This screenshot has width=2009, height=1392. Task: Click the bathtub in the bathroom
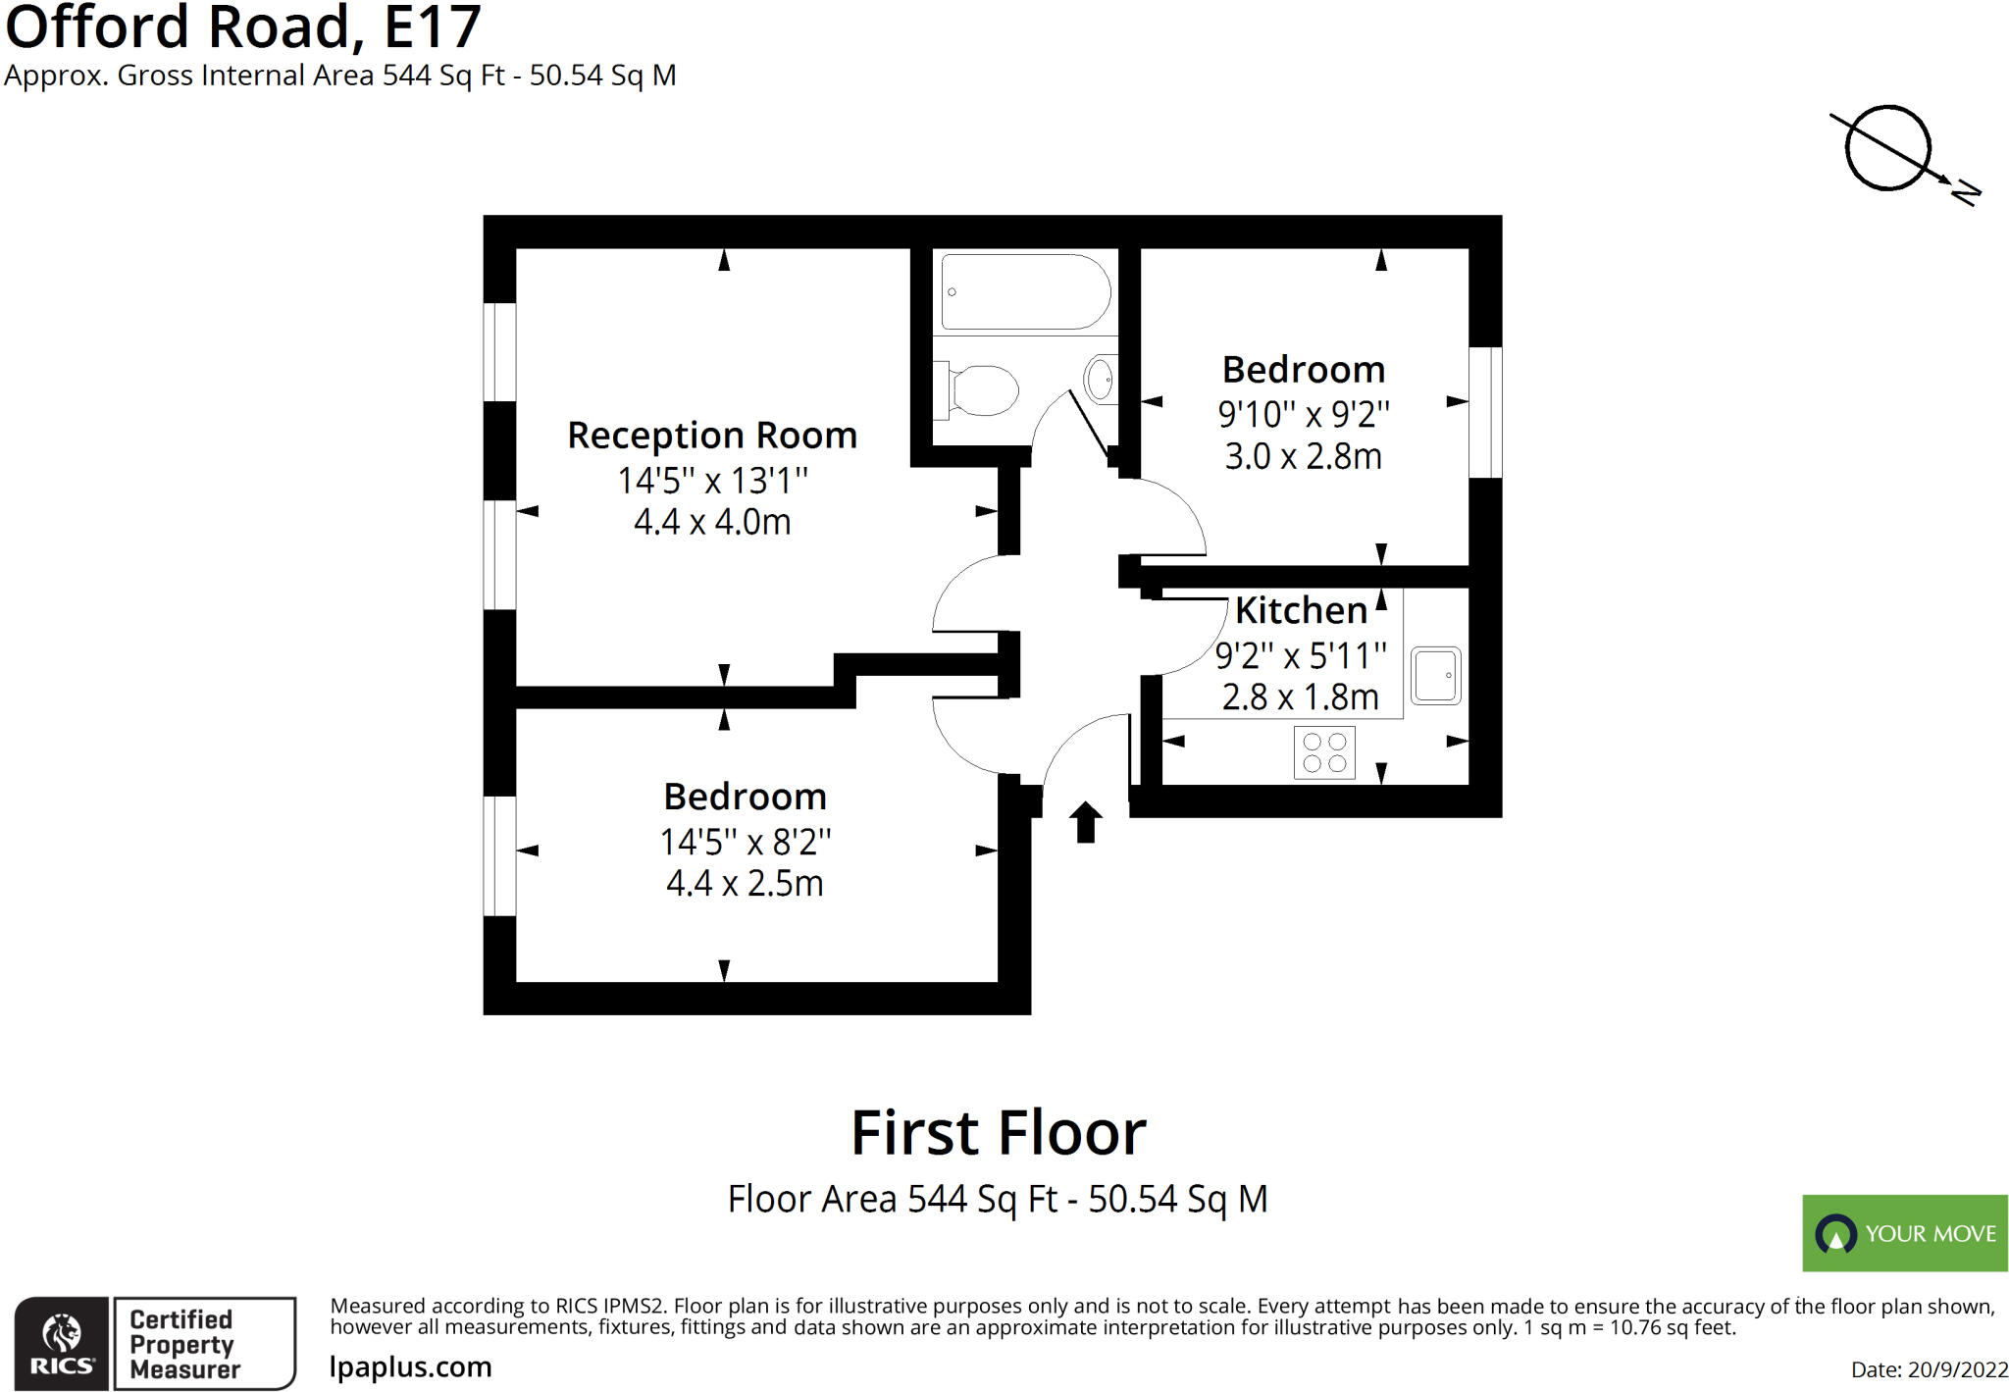point(1025,291)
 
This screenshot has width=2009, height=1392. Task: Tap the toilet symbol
point(978,389)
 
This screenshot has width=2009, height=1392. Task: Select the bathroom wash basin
point(1101,378)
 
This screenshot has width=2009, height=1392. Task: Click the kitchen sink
point(1435,675)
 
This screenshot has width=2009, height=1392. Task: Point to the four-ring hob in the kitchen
point(1324,752)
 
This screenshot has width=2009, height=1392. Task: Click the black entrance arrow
point(1085,822)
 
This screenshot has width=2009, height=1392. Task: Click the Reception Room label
point(712,435)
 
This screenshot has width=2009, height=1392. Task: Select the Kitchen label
point(1301,610)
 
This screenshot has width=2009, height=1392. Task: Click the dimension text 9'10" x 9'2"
point(1304,414)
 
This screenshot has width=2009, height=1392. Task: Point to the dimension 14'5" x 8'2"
point(745,842)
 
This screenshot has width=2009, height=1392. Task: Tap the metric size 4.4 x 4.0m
point(712,522)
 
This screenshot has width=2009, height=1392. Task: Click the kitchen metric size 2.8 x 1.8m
point(1301,696)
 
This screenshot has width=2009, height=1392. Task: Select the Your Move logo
point(1904,1233)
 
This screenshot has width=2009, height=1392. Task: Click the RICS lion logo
point(62,1343)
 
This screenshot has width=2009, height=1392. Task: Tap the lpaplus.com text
point(410,1366)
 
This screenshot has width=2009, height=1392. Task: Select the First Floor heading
point(998,1133)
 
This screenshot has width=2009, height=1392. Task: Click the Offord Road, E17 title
point(243,26)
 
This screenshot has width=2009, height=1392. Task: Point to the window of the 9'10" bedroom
point(1485,412)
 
